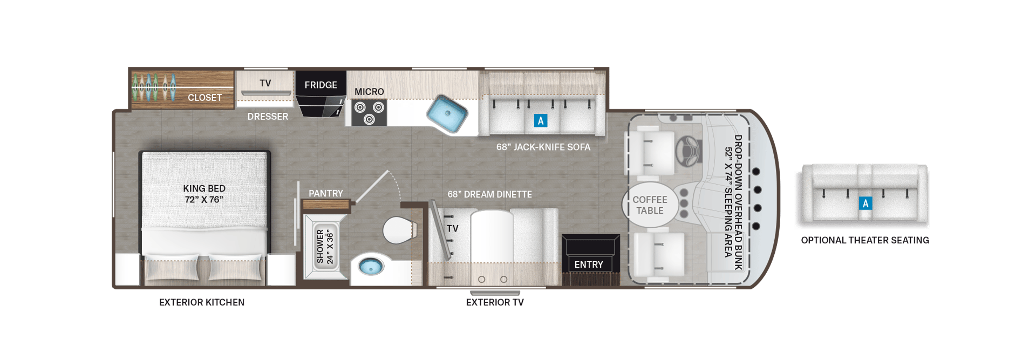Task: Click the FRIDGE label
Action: click(x=321, y=85)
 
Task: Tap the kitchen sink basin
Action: click(x=446, y=113)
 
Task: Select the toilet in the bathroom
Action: click(x=398, y=230)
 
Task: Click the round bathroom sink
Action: click(x=371, y=266)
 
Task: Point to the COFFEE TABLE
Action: click(x=650, y=205)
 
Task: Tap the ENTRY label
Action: click(x=589, y=264)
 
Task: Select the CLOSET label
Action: click(x=205, y=98)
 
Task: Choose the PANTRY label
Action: click(x=325, y=193)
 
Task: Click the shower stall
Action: click(x=325, y=247)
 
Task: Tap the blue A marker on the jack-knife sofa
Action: click(x=540, y=120)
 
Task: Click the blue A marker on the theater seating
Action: click(x=865, y=203)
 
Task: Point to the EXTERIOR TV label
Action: click(x=495, y=302)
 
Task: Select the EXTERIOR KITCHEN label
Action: click(x=202, y=302)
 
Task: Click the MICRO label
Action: click(x=369, y=92)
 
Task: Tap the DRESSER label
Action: click(x=268, y=117)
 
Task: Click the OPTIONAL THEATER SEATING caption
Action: click(x=865, y=240)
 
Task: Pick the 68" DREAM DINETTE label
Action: click(x=489, y=194)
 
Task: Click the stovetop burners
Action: click(x=369, y=113)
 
